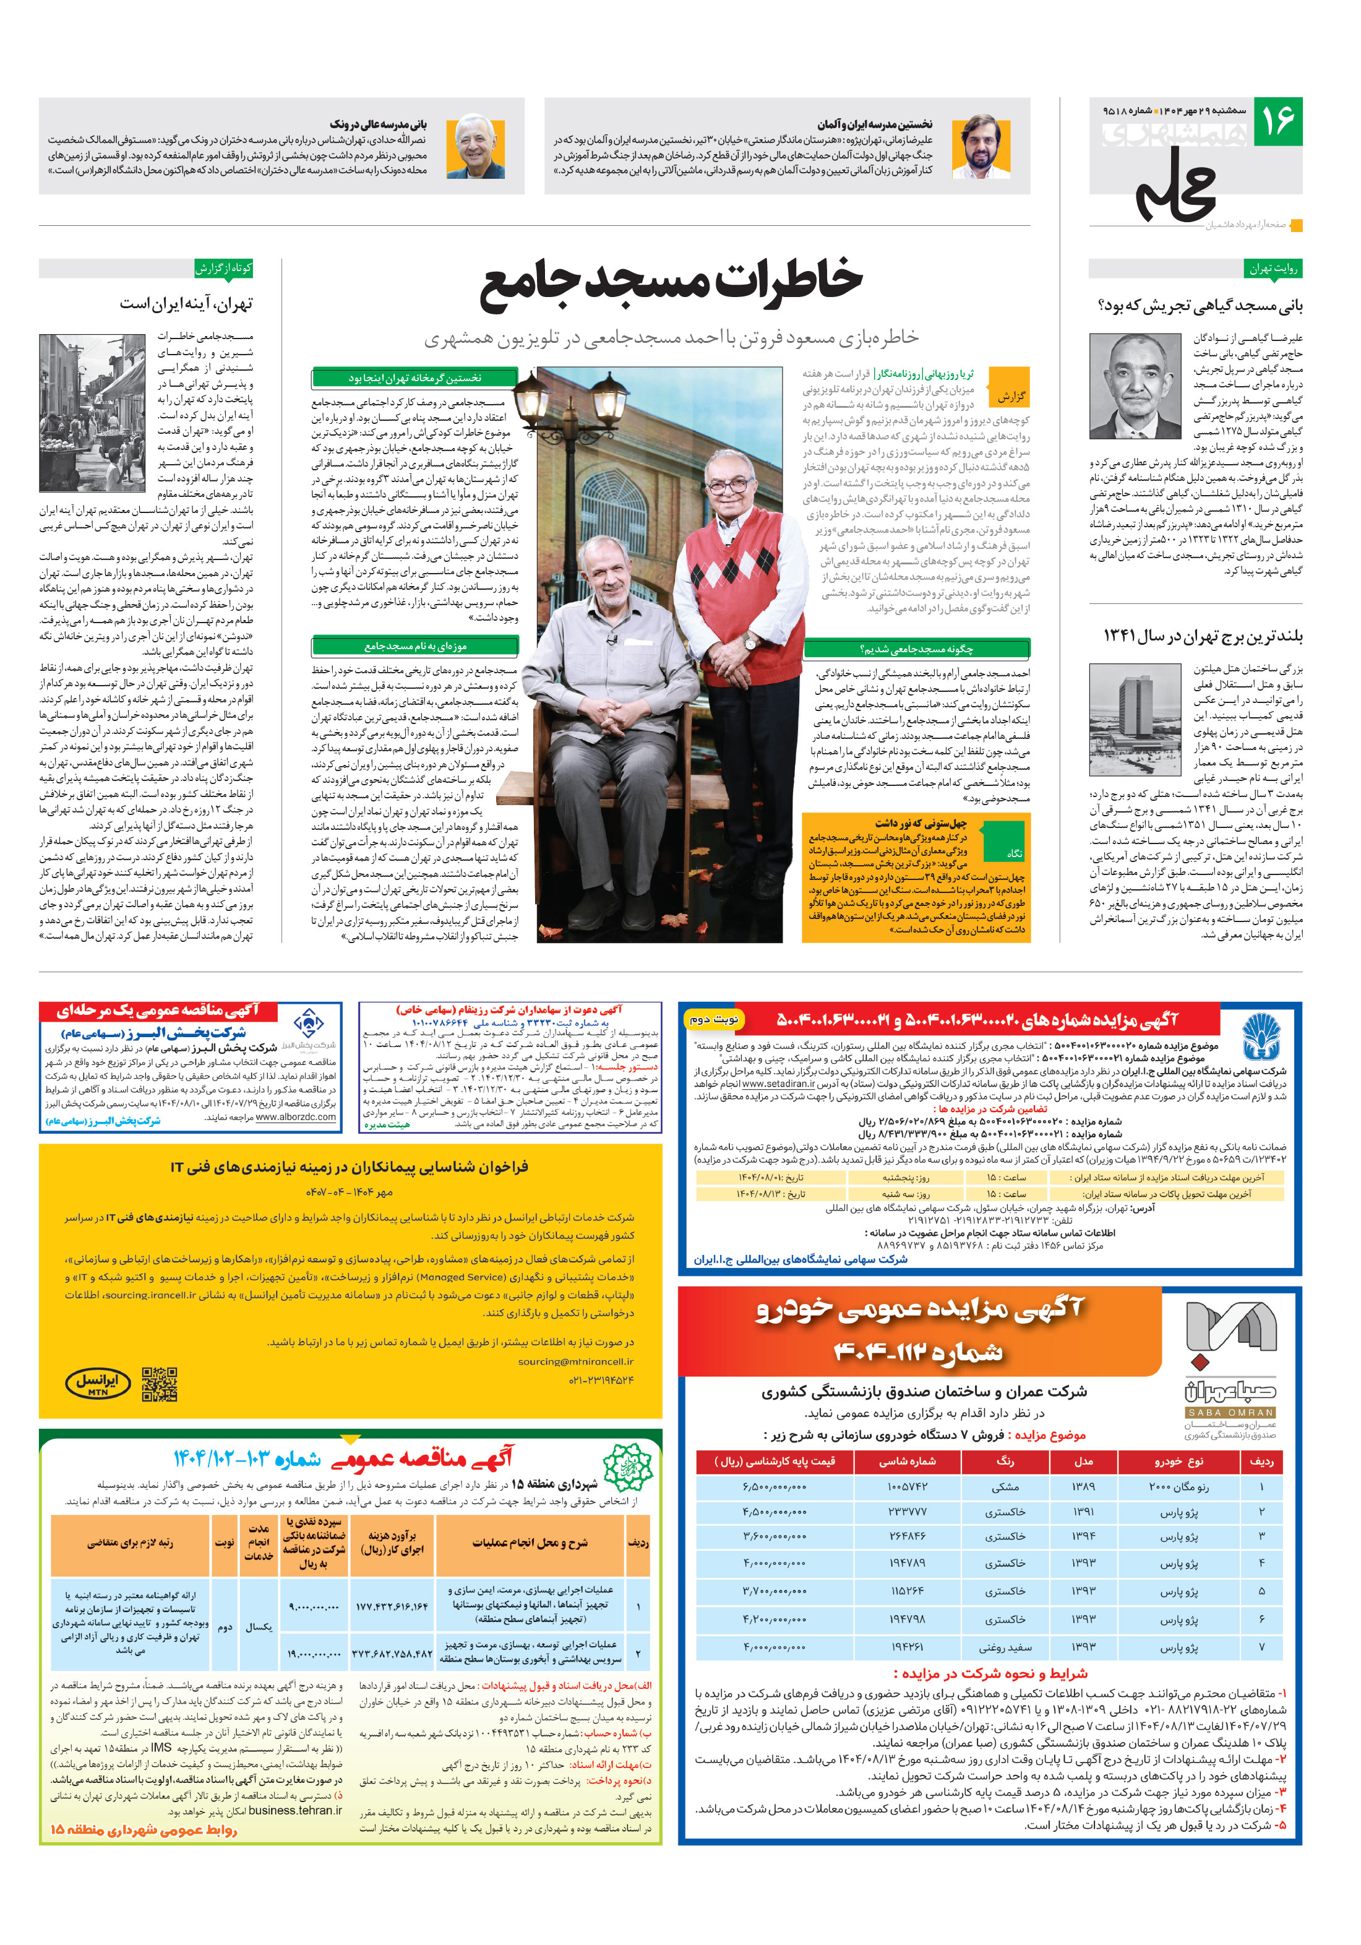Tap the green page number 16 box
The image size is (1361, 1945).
[x=1277, y=121]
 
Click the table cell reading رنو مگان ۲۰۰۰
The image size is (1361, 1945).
[x=1179, y=1486]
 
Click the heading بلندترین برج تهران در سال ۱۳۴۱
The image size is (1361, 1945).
[x=1202, y=636]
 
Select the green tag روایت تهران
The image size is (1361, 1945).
[x=1273, y=269]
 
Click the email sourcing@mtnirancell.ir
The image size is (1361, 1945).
[x=575, y=1361]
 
